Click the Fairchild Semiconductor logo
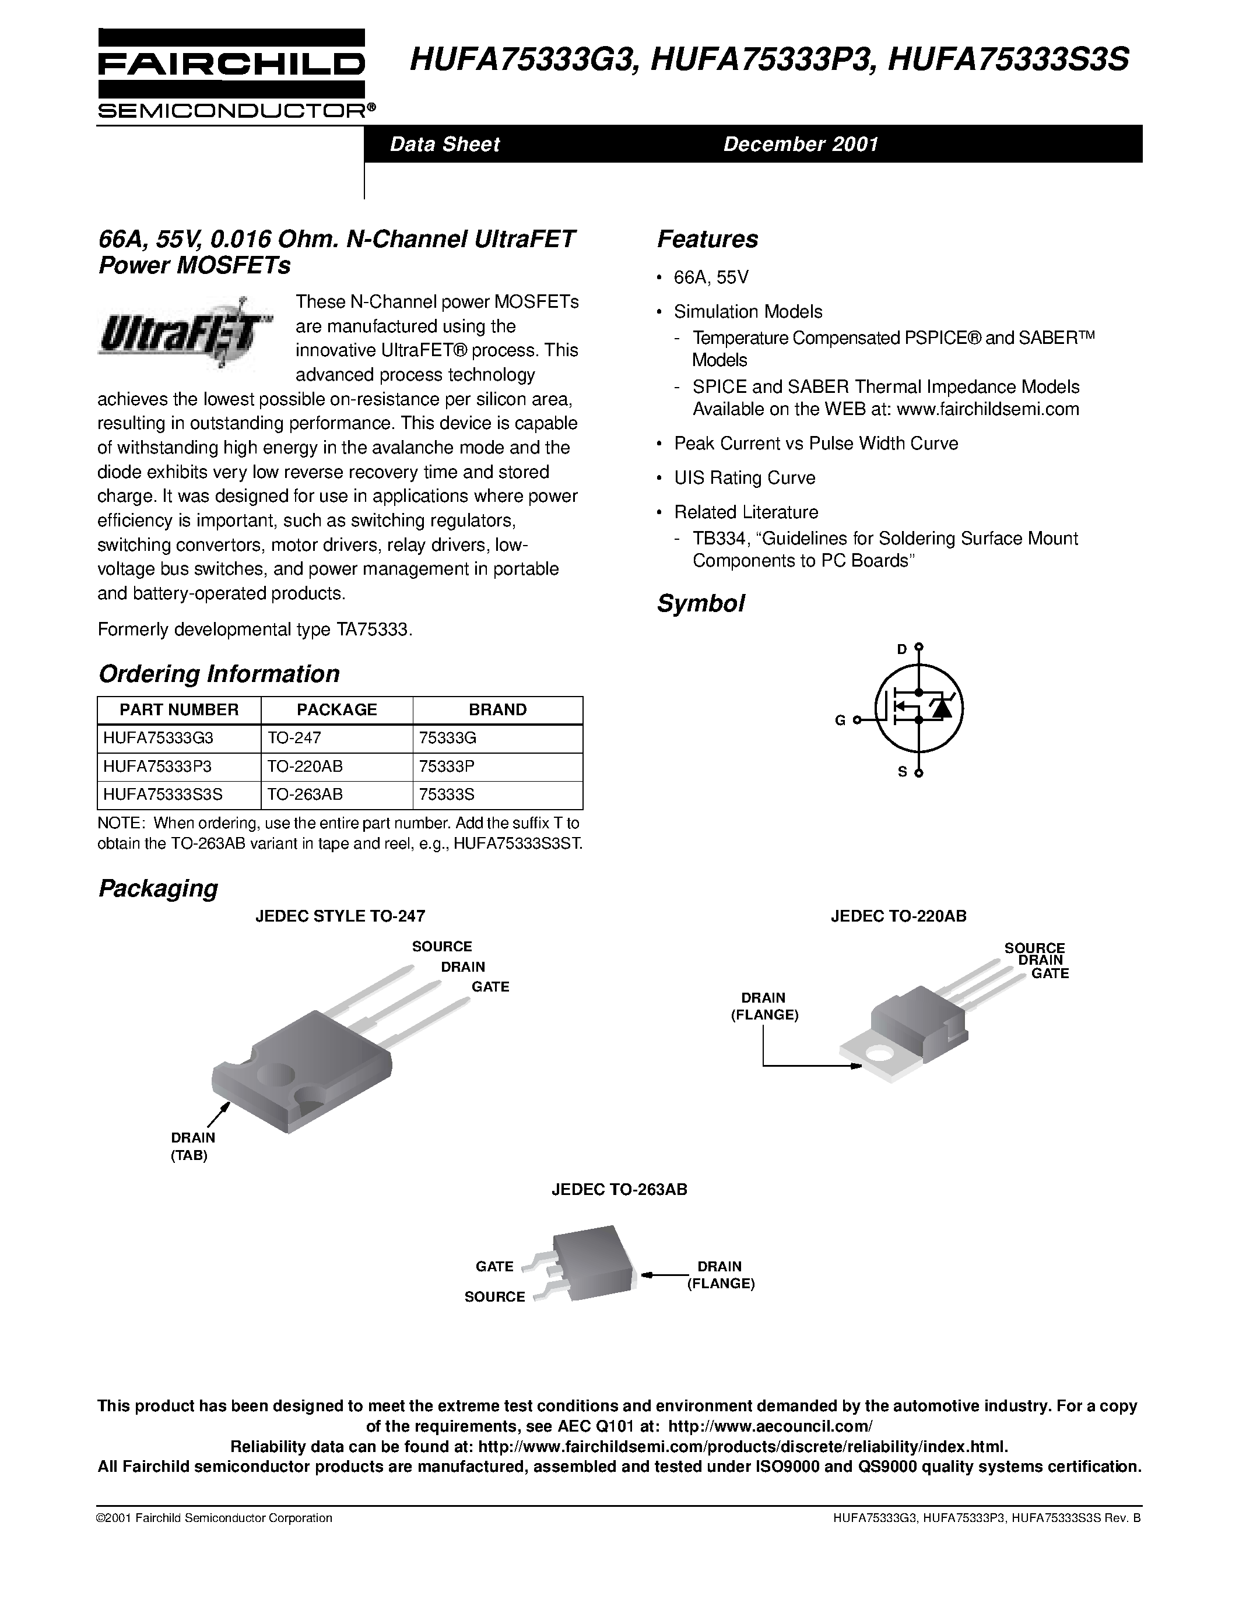tap(232, 73)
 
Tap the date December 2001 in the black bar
tap(801, 144)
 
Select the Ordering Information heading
tap(219, 674)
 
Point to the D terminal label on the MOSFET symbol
tap(902, 649)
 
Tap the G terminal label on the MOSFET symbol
tap(840, 720)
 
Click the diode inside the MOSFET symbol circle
tap(942, 708)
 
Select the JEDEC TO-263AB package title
tap(619, 1190)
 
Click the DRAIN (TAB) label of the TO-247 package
tap(192, 1147)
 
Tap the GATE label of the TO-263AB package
tap(494, 1266)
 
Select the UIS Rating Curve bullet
tap(745, 478)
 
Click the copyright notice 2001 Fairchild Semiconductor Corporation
tap(215, 1518)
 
